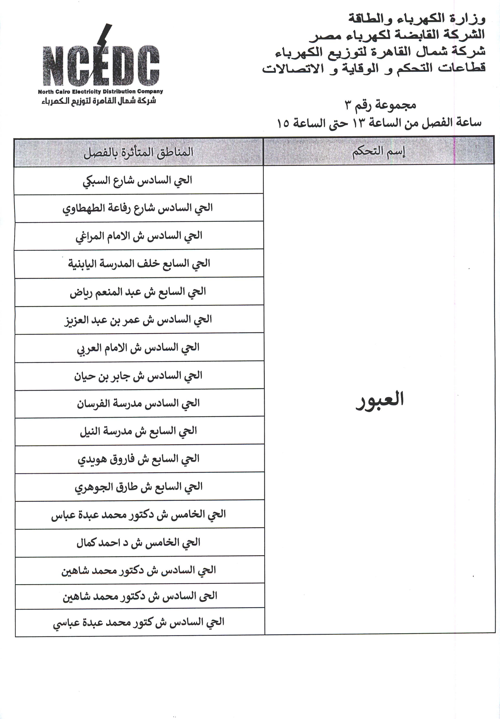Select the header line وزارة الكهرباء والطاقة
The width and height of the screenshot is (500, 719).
pos(417,19)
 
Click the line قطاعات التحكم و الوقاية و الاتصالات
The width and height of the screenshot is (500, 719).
pos(374,68)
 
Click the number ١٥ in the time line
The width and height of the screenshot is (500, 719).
pos(283,123)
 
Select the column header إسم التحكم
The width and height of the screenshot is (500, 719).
pos(379,152)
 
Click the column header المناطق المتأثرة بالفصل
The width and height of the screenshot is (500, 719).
pos(138,153)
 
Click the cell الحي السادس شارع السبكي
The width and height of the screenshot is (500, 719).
pos(138,180)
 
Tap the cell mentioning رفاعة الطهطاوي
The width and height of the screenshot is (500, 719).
pos(138,208)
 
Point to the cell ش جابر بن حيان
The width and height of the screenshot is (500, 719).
pos(138,376)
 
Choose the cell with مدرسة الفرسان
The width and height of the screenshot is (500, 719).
pos(138,403)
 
